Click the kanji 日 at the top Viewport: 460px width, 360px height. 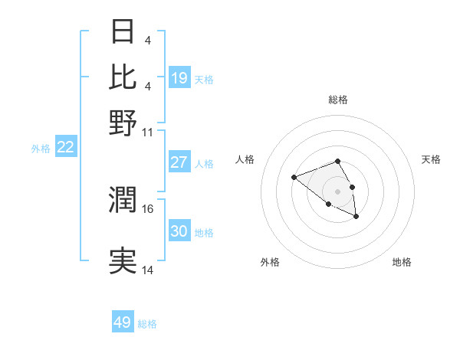[x=123, y=32]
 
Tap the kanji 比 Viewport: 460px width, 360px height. [x=123, y=77]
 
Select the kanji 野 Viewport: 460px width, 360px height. [x=123, y=123]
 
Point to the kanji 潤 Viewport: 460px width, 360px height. [x=123, y=201]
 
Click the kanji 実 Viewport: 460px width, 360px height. [x=123, y=261]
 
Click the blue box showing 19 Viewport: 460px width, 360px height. [x=179, y=77]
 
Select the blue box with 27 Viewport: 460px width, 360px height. [x=179, y=162]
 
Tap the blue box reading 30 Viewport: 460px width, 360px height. [x=179, y=231]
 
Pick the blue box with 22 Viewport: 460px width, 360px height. [x=65, y=148]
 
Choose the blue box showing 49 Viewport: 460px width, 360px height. [x=123, y=322]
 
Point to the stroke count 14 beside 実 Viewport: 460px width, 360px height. [x=148, y=270]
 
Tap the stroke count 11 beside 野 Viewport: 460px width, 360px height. [x=148, y=132]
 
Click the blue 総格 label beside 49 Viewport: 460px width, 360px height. [x=147, y=324]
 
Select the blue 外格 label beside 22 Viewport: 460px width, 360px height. [x=41, y=149]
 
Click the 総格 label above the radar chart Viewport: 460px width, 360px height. [x=337, y=100]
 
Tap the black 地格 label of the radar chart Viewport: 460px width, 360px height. [x=402, y=262]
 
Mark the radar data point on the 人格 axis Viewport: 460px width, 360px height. [x=294, y=178]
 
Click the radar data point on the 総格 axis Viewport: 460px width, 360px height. [x=337, y=162]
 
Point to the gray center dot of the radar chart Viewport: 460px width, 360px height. [x=337, y=191]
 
